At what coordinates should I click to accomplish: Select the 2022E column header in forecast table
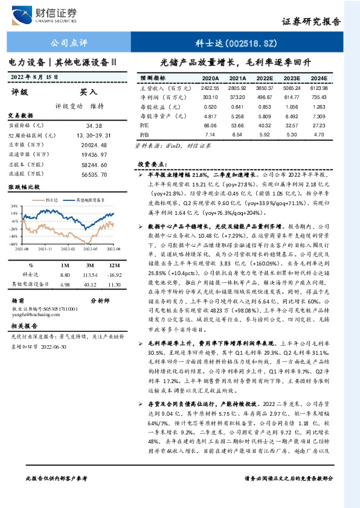pos(265,78)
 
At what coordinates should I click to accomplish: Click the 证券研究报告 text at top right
pos(311,21)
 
